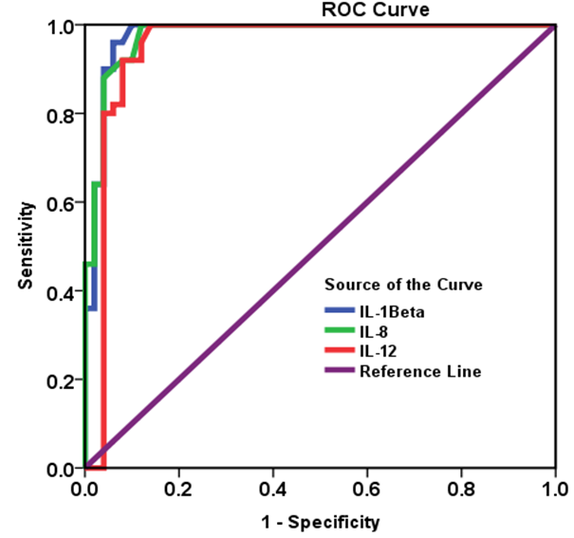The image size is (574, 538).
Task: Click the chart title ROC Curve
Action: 361,10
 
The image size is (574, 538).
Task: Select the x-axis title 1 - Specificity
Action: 320,521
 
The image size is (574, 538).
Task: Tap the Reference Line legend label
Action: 420,371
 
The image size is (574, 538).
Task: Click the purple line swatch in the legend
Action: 338,371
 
